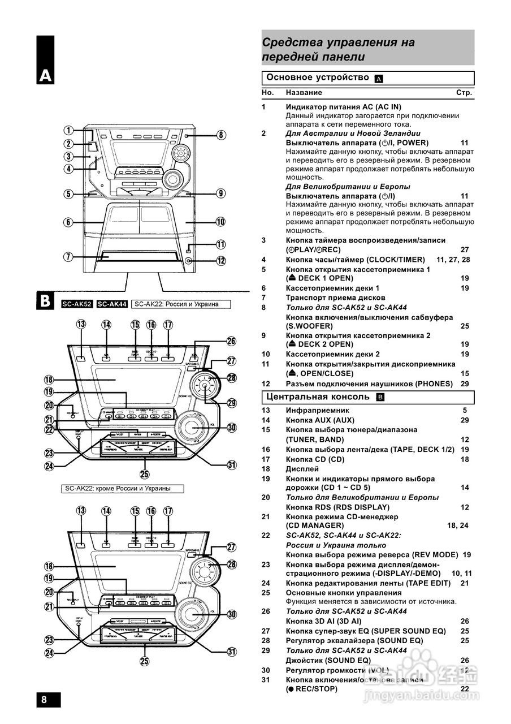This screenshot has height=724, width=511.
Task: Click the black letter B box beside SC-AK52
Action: pos(46,301)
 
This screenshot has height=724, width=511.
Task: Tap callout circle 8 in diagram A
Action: pos(221,135)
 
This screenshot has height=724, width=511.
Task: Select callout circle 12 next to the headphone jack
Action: pos(221,261)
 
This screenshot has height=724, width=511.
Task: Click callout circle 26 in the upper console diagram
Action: pos(231,341)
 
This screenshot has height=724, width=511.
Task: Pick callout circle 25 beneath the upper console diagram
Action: pos(145,474)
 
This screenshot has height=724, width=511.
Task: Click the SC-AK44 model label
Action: pos(112,304)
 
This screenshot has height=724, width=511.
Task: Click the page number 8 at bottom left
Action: pos(44,699)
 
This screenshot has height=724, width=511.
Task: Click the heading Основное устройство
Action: pos(317,77)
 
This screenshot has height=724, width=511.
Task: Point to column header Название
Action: pos(304,92)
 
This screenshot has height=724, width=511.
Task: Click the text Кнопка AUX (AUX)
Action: pos(320,420)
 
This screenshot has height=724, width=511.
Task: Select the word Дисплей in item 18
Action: pos(302,469)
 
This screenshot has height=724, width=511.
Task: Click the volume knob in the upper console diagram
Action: pos(193,426)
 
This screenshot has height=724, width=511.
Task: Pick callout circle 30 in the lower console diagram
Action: pos(231,614)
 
